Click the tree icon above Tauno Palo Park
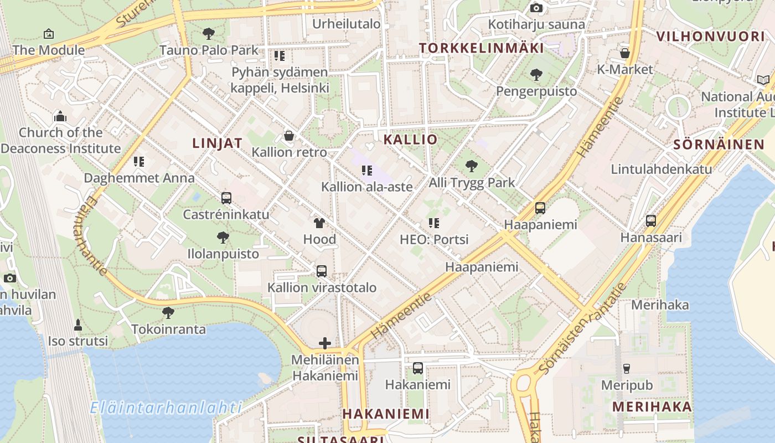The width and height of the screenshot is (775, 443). point(209,34)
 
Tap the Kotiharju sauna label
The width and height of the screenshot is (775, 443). point(536,24)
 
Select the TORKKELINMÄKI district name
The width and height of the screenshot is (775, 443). point(481,48)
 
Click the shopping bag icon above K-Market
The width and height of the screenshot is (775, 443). point(625,53)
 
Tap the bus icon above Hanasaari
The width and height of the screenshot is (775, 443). point(651,221)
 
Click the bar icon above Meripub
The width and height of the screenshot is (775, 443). point(627,368)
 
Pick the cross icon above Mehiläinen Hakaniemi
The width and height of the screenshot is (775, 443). point(325,343)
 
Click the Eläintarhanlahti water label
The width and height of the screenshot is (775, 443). point(166,408)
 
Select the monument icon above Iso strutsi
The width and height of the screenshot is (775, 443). point(78,324)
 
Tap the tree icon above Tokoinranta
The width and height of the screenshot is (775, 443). point(168,313)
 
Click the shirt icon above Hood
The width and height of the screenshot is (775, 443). point(319,223)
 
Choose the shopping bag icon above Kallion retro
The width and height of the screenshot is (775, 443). point(289,136)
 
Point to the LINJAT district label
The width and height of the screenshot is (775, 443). point(217,143)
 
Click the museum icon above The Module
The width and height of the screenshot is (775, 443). point(49,34)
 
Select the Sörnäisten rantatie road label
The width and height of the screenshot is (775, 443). point(583,328)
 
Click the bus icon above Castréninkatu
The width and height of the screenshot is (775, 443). point(226,198)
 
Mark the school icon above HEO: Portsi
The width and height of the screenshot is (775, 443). point(434,223)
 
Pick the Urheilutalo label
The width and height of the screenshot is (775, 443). point(347,24)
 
